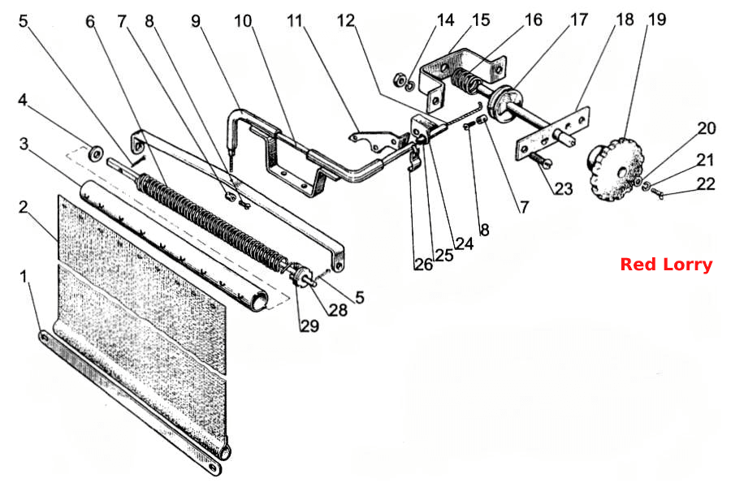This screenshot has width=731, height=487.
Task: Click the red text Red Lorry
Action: point(666,265)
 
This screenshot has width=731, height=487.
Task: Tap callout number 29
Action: point(309,325)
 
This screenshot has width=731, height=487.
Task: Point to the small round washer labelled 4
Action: point(96,153)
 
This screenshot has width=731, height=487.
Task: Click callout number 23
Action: point(563,188)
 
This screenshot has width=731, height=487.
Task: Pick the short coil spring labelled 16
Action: point(465,80)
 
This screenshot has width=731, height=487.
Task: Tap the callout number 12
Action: point(345,20)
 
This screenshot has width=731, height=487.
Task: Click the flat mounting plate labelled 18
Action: point(553,133)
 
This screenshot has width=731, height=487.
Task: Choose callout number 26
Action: point(424,265)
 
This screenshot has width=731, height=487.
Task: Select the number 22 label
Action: point(706,183)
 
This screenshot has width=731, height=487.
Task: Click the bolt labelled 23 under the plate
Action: point(541,162)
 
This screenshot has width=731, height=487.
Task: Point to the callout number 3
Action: point(24,144)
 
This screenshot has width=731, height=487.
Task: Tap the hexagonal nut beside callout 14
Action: point(400,80)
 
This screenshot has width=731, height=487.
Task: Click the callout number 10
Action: point(243,20)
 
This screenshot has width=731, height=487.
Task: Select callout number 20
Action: point(707,127)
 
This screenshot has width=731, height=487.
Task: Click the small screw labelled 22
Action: point(657,192)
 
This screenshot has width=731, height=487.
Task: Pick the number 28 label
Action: point(338,309)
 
